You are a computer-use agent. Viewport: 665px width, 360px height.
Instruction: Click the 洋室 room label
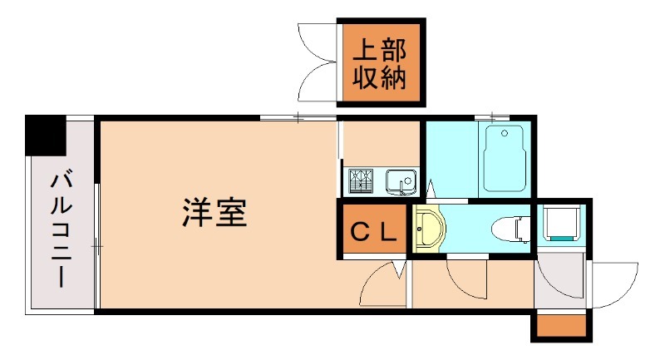pyautogui.click(x=214, y=215)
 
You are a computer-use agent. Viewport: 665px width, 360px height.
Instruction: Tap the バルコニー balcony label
pyautogui.click(x=60, y=229)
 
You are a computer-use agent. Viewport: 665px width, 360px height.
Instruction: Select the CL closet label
pyautogui.click(x=372, y=231)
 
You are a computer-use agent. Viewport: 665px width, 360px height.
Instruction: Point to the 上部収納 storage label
pyautogui.click(x=379, y=63)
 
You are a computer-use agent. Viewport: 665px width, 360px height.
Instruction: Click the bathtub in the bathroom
pyautogui.click(x=503, y=158)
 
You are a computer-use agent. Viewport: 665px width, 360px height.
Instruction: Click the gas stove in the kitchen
pyautogui.click(x=362, y=180)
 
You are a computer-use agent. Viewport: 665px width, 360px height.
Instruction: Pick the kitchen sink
pyautogui.click(x=400, y=180)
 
